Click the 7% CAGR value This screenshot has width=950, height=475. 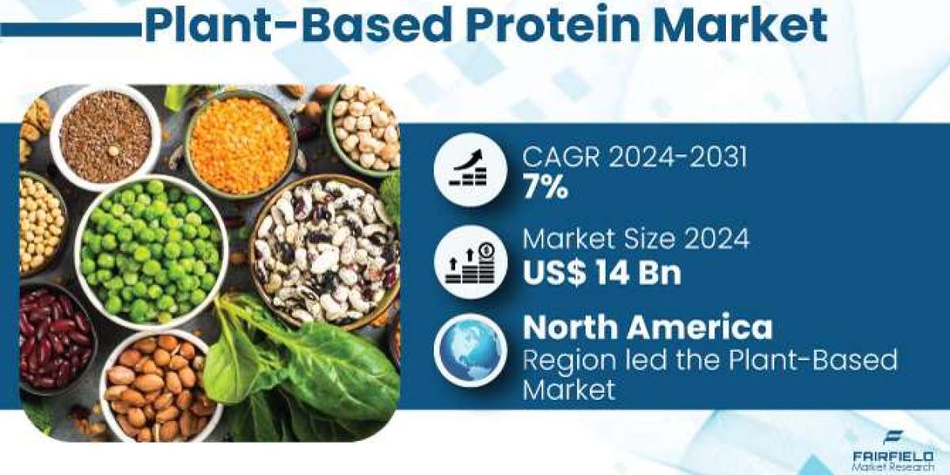pyautogui.click(x=545, y=187)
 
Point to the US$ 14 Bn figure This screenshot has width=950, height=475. pyautogui.click(x=602, y=272)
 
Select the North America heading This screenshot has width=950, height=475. pyautogui.click(x=648, y=328)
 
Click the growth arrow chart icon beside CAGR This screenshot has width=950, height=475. pyautogui.click(x=470, y=169)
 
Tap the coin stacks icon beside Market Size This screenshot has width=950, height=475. pyautogui.click(x=470, y=262)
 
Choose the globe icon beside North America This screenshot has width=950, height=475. pyautogui.click(x=470, y=351)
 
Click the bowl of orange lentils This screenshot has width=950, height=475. pyautogui.click(x=241, y=144)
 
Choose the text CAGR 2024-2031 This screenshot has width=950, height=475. pyautogui.click(x=634, y=157)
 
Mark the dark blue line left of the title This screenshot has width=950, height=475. pyautogui.click(x=70, y=31)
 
